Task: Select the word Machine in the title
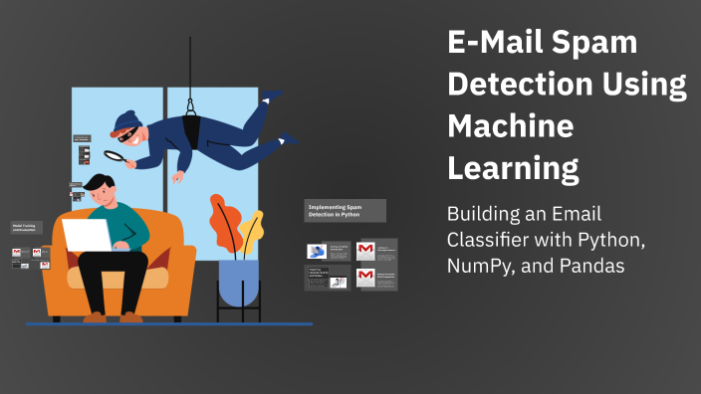(511, 127)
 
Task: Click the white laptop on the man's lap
(88, 236)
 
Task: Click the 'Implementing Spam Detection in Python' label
(345, 210)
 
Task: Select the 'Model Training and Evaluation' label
(27, 228)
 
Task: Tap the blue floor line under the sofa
(169, 323)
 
